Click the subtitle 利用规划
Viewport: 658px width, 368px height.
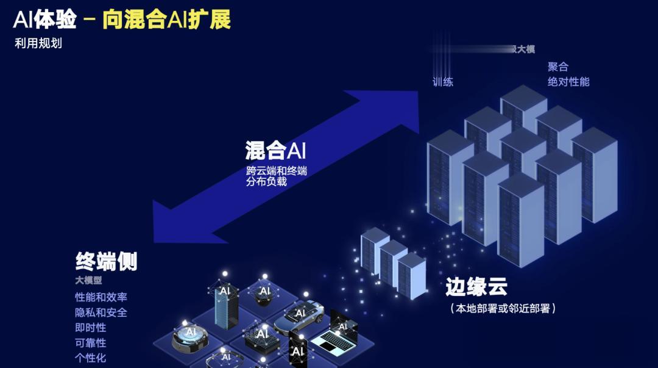[38, 44]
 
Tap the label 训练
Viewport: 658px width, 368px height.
[443, 82]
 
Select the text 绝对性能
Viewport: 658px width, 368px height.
[568, 81]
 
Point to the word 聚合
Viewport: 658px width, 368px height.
[557, 67]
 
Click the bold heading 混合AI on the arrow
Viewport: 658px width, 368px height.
[275, 150]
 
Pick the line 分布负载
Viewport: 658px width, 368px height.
[266, 181]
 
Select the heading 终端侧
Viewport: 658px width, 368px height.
[107, 261]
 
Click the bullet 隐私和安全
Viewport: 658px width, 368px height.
[101, 312]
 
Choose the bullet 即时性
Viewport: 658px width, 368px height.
[91, 328]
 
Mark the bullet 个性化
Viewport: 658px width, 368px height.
[91, 358]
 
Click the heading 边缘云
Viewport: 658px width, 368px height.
[476, 286]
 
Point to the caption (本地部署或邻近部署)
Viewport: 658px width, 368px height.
[503, 308]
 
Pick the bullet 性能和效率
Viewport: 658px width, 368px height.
[101, 297]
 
